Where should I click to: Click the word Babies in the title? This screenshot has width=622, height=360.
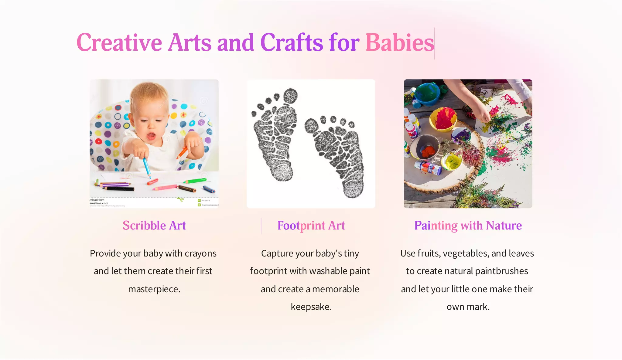400,43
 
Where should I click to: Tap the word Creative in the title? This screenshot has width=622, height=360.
119,43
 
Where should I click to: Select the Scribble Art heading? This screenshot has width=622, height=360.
154,226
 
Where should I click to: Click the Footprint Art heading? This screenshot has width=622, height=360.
311,226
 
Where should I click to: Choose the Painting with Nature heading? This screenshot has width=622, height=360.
468,226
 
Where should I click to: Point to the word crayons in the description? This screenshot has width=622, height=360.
200,253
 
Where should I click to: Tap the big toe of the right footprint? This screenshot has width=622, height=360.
311,126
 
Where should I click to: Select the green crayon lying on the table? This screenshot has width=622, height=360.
194,181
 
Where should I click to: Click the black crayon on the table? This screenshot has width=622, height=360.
119,189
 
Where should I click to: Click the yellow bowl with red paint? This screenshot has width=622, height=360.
443,119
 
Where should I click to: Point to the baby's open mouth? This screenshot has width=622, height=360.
151,136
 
